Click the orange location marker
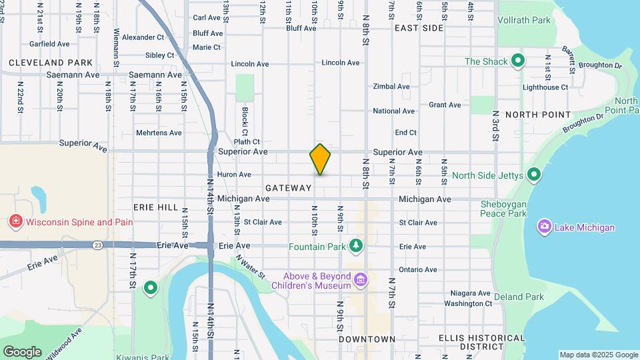coord(320,159)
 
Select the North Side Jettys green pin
coord(533,175)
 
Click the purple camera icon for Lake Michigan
coord(545,227)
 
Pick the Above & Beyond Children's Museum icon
coord(361,279)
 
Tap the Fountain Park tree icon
coord(357,247)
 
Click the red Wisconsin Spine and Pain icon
coord(14,222)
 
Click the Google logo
coord(21,352)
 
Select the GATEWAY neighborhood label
coord(289,189)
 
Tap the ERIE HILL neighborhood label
coord(155,207)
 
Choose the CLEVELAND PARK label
coord(51,63)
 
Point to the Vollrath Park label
coord(524,21)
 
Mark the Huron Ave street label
coord(234,175)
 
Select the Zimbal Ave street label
coord(391,87)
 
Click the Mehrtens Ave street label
coord(159,133)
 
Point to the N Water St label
coord(250,270)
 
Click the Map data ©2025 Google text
coord(598,355)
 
